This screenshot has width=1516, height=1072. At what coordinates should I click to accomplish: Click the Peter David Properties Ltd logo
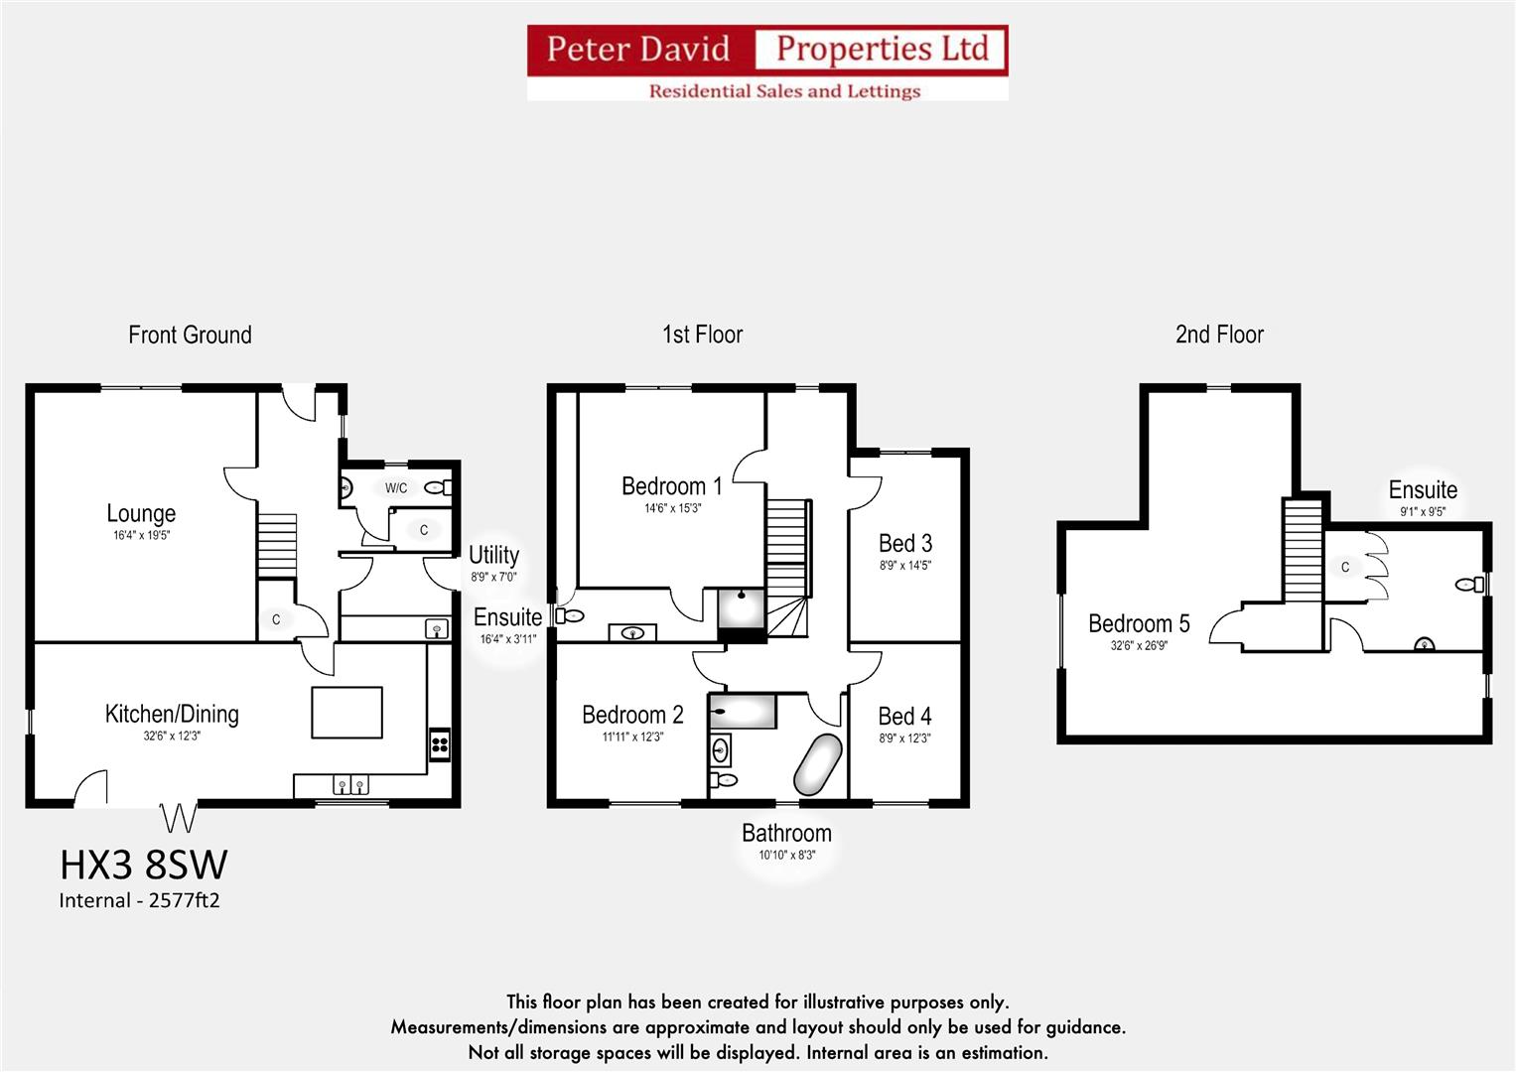[766, 63]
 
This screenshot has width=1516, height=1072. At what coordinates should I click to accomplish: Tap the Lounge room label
[141, 514]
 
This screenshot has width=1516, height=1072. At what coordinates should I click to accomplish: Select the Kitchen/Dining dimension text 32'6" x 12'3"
[171, 737]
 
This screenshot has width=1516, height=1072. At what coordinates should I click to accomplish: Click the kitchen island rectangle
[346, 713]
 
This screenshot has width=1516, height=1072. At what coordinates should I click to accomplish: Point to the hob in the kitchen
[439, 743]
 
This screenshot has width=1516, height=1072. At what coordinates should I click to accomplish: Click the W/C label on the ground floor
[396, 488]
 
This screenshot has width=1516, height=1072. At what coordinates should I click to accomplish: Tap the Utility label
[493, 555]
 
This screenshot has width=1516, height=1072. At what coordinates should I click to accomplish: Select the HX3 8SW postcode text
[143, 865]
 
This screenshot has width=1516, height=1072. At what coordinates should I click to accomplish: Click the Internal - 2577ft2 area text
[139, 901]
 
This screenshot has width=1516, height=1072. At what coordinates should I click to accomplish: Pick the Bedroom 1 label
[671, 486]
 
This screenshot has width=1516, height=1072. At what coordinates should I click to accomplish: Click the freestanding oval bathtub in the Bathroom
[817, 764]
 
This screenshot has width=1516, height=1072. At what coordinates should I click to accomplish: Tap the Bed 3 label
[904, 544]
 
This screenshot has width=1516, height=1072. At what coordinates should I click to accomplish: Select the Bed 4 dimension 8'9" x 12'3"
[904, 738]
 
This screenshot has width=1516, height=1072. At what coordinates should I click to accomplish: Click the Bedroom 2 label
[632, 715]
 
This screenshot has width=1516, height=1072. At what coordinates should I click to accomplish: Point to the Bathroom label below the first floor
[786, 834]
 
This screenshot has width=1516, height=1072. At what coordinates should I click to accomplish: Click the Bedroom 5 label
[1139, 624]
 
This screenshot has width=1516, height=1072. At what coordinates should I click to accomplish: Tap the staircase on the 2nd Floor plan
[1304, 551]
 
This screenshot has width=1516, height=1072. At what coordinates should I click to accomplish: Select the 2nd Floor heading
[1219, 335]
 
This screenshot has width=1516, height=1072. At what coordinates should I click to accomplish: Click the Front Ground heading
[190, 335]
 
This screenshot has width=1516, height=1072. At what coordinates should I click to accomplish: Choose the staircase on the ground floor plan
[277, 545]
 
